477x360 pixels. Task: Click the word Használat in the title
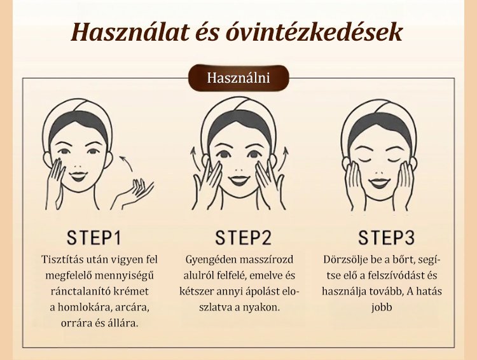(130, 32)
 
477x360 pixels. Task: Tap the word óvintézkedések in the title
(314, 32)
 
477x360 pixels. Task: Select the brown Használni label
(238, 78)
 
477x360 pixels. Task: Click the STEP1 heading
(93, 238)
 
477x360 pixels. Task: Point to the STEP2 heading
(243, 238)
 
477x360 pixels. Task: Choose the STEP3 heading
(386, 238)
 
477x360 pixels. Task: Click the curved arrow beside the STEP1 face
(127, 163)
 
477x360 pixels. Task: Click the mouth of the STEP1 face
(78, 176)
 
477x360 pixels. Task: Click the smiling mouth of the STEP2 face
(239, 180)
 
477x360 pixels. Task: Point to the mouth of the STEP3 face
(379, 183)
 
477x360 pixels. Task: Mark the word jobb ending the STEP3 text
(382, 307)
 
